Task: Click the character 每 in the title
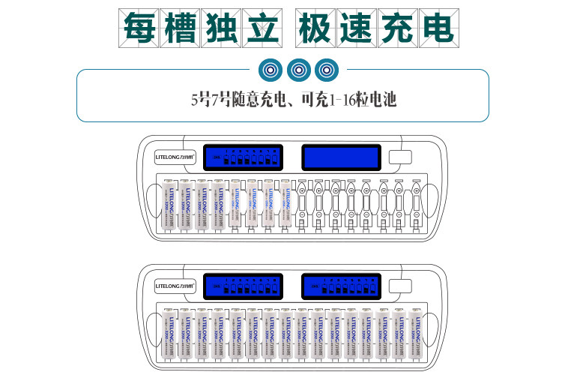pos(140,28)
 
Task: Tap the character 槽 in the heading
pos(181,28)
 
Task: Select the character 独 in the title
pos(221,28)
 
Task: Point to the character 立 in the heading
pos(262,28)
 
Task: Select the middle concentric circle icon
pos(298,70)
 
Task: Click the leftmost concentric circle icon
pos(271,70)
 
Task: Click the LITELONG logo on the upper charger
pos(175,157)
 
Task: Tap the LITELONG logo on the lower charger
pos(175,286)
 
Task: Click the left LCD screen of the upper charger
pos(246,157)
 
